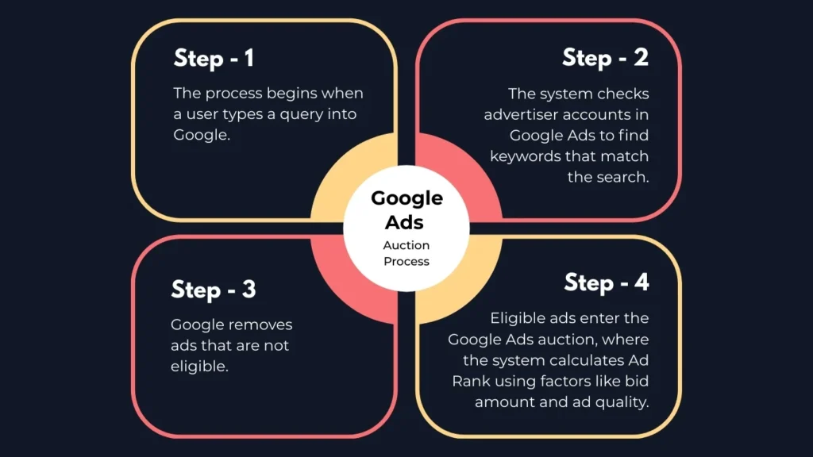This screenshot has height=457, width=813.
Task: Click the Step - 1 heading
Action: click(214, 58)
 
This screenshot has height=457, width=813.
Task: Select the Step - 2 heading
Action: click(605, 57)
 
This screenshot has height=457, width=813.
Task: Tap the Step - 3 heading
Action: click(213, 289)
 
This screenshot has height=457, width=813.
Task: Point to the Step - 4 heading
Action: click(607, 283)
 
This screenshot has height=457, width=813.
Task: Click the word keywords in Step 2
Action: click(526, 156)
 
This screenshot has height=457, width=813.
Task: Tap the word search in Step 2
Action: click(622, 177)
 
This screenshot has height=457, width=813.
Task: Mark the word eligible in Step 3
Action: click(199, 367)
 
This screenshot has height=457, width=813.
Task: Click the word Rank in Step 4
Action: click(471, 382)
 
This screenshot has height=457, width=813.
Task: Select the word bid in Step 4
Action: click(637, 382)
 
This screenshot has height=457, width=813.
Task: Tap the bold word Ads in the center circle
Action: click(404, 222)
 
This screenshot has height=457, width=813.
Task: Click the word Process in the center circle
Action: click(406, 261)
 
